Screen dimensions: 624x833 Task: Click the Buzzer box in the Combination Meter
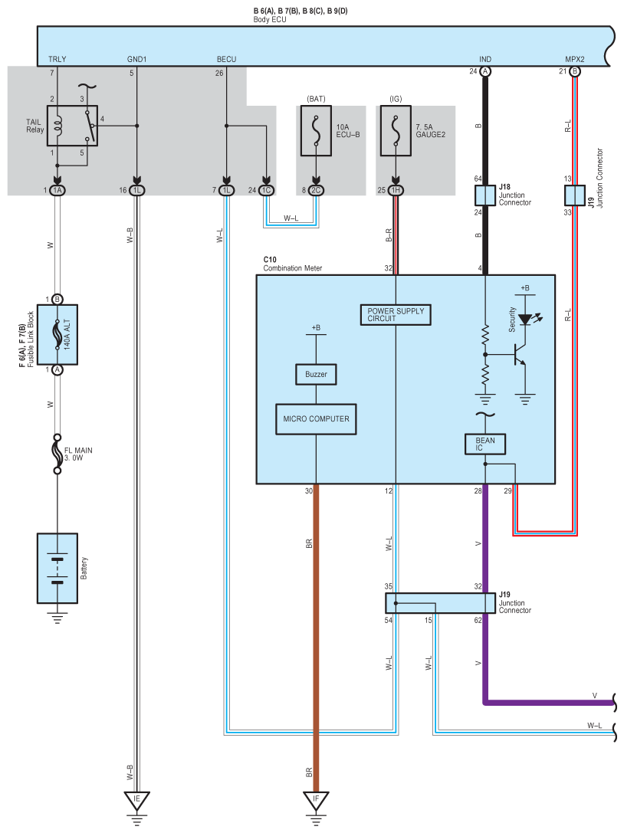pos(316,374)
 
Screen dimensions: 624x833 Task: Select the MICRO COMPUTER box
pos(316,419)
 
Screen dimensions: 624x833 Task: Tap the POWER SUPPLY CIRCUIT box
pos(396,314)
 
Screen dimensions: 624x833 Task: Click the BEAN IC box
pos(484,444)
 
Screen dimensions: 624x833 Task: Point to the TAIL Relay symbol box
pos(72,126)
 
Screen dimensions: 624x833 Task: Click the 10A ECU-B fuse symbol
pos(316,131)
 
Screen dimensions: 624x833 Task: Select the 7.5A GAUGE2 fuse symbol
pos(396,131)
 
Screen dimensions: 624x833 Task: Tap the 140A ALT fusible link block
pos(57,335)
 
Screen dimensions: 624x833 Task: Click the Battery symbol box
pos(57,568)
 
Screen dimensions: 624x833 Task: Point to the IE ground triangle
pos(136,800)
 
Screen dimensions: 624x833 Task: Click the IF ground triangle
pos(317,800)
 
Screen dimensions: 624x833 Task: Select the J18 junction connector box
pos(484,195)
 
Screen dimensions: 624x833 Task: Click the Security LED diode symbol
pos(525,320)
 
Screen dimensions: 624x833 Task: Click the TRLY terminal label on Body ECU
pos(57,59)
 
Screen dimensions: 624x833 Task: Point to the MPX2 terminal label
pos(575,59)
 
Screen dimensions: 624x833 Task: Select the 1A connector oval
pos(57,190)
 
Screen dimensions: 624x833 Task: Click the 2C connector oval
pos(316,190)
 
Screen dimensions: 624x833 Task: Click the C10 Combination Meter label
pos(292,264)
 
